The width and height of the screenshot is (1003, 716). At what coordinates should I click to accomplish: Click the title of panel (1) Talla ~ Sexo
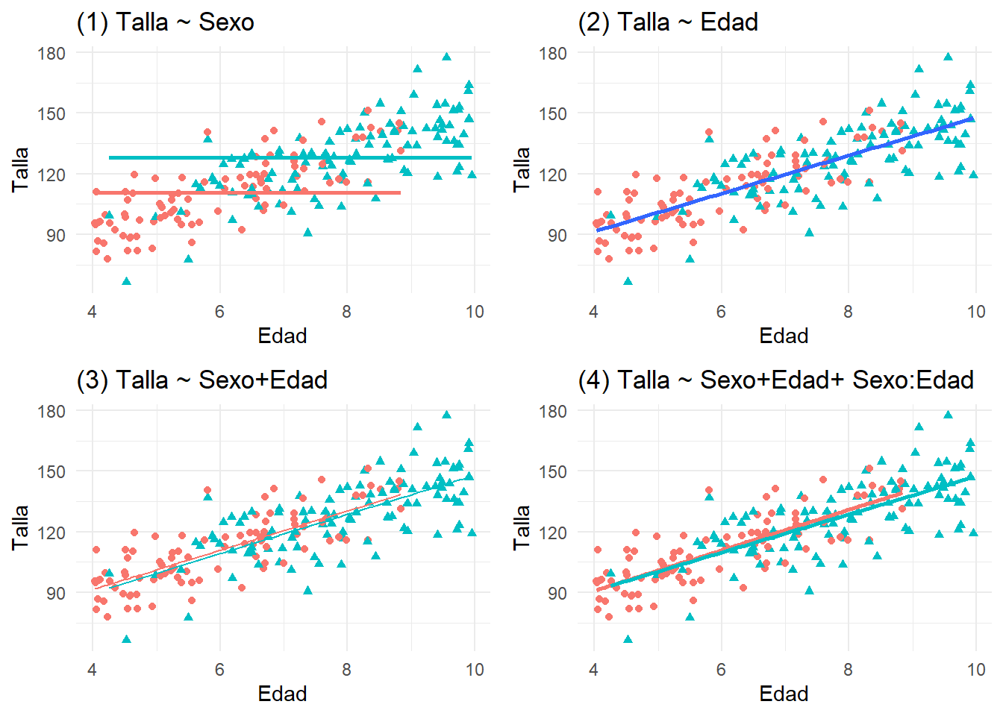[165, 22]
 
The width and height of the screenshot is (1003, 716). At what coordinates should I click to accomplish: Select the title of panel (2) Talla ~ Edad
[668, 22]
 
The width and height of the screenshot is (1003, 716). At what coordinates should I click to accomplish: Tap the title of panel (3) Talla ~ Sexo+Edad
[202, 380]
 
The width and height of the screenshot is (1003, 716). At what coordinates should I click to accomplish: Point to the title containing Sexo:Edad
[776, 380]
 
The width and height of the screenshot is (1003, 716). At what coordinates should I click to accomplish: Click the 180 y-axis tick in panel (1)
[51, 54]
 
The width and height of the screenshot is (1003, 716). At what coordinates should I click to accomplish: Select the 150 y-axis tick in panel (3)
[51, 472]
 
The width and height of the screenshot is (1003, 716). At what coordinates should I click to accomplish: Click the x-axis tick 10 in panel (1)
[475, 312]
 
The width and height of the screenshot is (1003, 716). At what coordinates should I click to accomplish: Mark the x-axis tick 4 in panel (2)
[593, 312]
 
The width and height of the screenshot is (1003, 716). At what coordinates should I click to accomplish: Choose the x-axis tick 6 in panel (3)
[219, 670]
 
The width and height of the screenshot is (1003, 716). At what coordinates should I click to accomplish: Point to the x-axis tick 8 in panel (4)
[848, 670]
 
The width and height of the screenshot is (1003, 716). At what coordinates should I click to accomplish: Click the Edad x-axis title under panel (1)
[282, 336]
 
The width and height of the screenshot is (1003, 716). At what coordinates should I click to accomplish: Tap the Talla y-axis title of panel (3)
[20, 527]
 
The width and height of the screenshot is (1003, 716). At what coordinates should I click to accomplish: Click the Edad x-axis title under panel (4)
[784, 694]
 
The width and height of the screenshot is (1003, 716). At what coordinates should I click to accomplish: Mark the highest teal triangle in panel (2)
[948, 57]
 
